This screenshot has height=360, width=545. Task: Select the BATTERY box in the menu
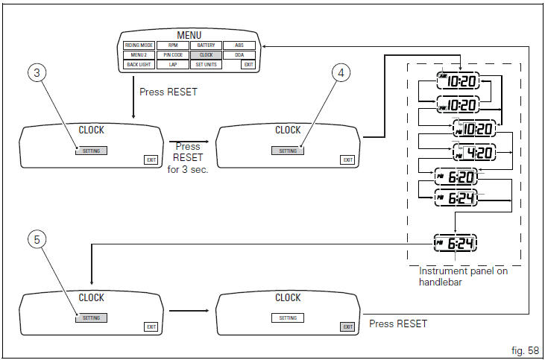pyautogui.click(x=206, y=45)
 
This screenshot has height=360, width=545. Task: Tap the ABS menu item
pyautogui.click(x=239, y=45)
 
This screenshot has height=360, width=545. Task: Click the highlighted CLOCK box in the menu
pyautogui.click(x=206, y=54)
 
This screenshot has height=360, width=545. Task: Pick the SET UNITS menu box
pyautogui.click(x=206, y=65)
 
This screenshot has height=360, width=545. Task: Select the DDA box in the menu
pyautogui.click(x=239, y=54)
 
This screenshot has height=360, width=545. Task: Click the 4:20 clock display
pyautogui.click(x=475, y=153)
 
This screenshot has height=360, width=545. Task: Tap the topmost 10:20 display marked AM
pyautogui.click(x=459, y=81)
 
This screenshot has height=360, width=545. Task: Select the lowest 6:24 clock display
pyautogui.click(x=456, y=243)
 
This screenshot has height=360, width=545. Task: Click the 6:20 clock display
pyautogui.click(x=456, y=176)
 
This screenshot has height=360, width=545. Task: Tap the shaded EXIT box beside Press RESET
pyautogui.click(x=347, y=326)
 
